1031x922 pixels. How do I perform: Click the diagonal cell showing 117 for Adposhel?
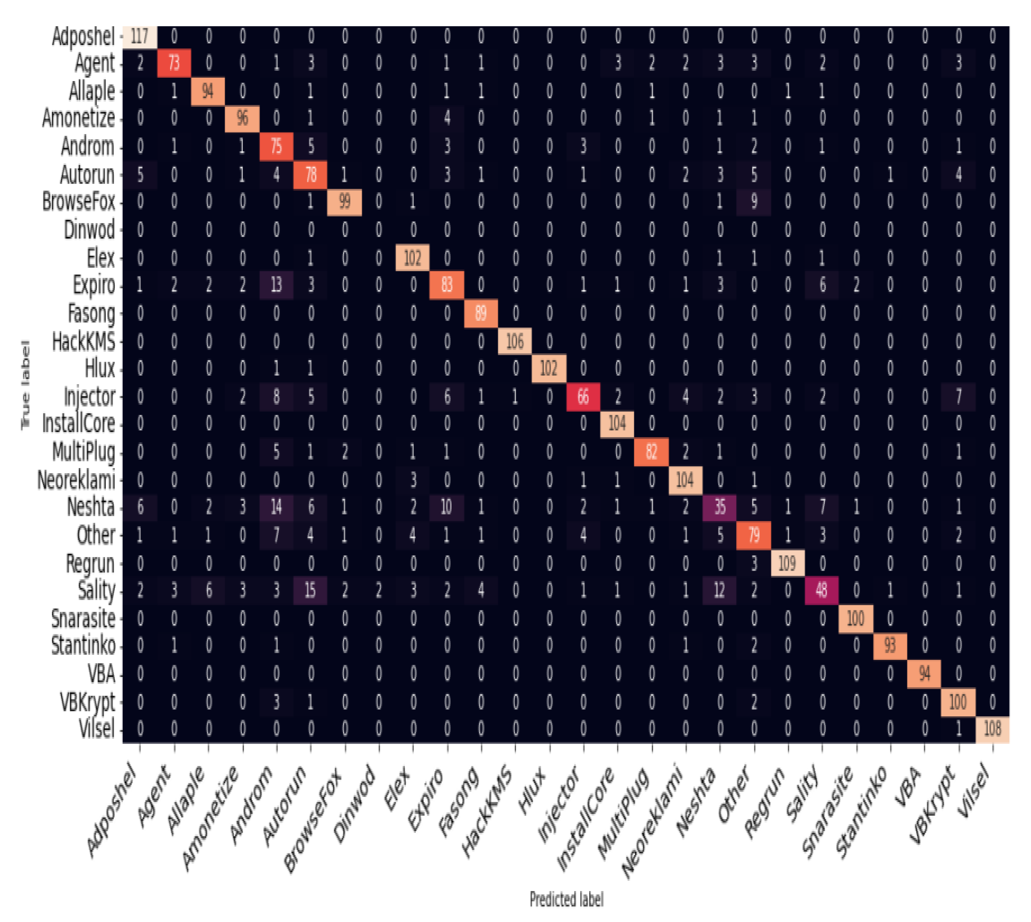(x=139, y=36)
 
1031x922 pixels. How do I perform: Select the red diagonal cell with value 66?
(x=583, y=396)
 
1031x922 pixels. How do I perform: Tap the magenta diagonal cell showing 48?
(x=821, y=590)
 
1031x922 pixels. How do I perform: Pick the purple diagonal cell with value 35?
(x=719, y=506)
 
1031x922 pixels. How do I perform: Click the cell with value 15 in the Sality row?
(x=310, y=590)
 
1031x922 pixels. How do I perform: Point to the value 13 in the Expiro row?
(x=276, y=285)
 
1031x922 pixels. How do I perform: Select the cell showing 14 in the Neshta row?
(x=276, y=506)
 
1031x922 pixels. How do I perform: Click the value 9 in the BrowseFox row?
(x=754, y=202)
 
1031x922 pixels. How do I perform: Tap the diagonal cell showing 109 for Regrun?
(x=787, y=563)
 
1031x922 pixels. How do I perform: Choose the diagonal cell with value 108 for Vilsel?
(x=992, y=729)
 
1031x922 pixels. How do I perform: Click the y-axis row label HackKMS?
(x=83, y=342)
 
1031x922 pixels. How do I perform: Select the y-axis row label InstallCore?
(x=79, y=424)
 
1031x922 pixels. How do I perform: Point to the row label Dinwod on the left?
(x=89, y=230)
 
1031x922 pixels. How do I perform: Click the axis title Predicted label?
(x=566, y=899)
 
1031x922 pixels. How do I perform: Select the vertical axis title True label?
(x=25, y=385)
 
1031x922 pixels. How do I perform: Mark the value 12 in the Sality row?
(x=719, y=590)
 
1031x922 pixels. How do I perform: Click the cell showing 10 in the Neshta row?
(x=446, y=506)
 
